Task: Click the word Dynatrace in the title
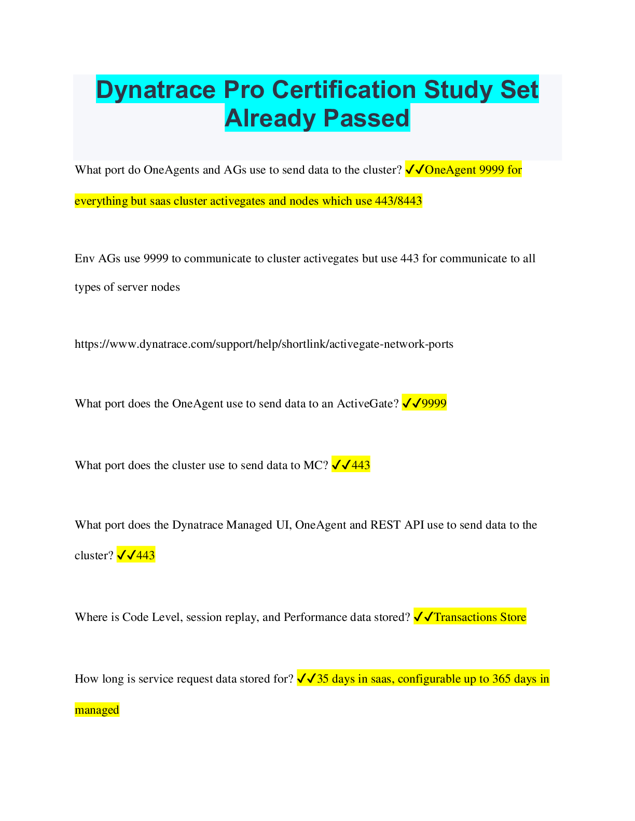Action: point(156,90)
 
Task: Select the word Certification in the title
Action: point(344,90)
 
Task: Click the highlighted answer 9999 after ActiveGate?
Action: point(434,404)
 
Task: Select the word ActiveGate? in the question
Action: point(368,404)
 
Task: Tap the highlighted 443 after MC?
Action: point(361,465)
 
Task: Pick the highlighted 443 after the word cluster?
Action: point(146,555)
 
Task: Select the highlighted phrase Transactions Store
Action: point(480,617)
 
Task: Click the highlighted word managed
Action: point(97,710)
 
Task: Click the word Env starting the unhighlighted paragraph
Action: point(85,259)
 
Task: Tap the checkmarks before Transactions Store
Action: point(423,617)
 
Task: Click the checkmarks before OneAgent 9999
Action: point(415,169)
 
